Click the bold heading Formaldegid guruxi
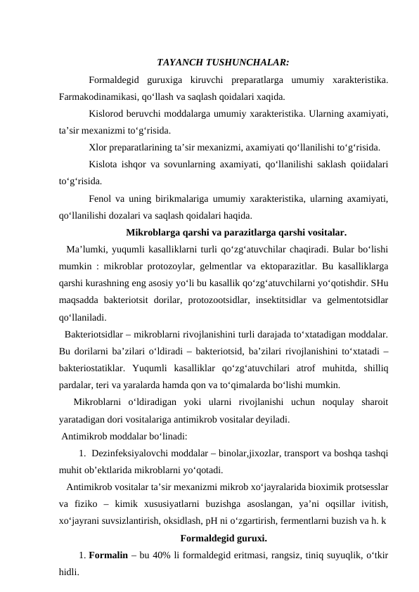pos(224,539)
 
